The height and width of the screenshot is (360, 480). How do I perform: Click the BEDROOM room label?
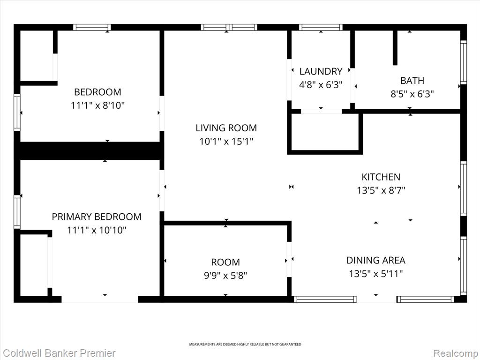97,92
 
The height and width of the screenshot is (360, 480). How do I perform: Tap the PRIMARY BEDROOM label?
97,217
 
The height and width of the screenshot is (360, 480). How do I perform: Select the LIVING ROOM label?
226,127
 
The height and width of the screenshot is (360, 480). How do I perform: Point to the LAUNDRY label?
321,71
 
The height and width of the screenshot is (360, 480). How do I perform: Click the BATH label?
412,81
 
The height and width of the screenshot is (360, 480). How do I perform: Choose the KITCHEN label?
381,177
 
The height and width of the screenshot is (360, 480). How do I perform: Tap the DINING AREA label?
375,260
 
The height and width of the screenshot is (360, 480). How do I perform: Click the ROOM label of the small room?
225,262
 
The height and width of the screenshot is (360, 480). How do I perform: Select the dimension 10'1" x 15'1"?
226,142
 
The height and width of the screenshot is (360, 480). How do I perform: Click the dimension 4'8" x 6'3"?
321,84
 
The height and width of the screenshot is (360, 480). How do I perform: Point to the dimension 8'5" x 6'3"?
412,94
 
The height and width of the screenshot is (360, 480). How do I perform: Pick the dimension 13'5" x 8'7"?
381,190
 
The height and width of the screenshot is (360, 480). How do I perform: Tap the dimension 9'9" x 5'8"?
225,276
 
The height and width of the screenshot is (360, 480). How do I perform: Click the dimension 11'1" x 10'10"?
97,230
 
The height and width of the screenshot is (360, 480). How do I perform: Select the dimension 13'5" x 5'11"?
375,273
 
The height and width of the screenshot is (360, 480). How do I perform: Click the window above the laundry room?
321,27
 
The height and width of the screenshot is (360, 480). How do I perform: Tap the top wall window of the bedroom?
92,27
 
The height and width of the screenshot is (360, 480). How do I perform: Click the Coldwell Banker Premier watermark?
59,353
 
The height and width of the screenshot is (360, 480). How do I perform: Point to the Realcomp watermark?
456,353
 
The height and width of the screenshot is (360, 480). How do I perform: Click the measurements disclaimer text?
245,345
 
